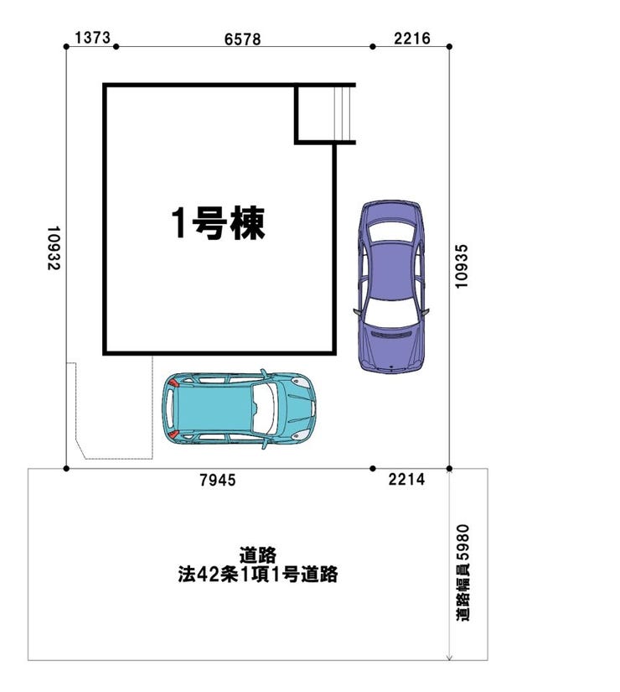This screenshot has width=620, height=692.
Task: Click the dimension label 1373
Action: point(93,38)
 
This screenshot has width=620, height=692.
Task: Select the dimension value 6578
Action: point(242,39)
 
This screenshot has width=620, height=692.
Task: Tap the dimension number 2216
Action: point(412,39)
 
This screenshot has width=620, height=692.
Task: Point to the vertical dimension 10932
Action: point(54,248)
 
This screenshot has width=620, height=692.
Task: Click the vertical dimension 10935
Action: point(461,267)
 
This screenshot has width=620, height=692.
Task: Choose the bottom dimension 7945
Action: point(218,480)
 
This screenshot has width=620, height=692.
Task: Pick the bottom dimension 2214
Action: point(406,479)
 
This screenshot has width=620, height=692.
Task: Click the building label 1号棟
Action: point(219,223)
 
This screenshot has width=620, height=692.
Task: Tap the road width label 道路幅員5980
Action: point(462,573)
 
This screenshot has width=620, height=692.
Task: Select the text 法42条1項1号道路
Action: point(258,575)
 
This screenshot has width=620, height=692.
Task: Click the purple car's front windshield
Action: point(390,311)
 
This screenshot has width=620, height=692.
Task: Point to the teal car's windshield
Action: point(265,407)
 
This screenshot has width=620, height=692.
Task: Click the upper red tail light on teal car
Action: point(173,382)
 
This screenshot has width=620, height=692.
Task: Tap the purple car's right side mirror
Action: point(426,311)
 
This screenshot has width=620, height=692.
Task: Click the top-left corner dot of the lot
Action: point(66,46)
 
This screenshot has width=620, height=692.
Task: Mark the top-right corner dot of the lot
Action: point(449,46)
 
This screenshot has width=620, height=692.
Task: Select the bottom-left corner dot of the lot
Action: point(66,468)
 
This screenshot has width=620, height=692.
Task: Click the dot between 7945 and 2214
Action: point(373,468)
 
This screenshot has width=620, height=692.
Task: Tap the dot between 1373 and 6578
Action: point(116,46)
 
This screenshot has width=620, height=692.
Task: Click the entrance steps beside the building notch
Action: point(344,113)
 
